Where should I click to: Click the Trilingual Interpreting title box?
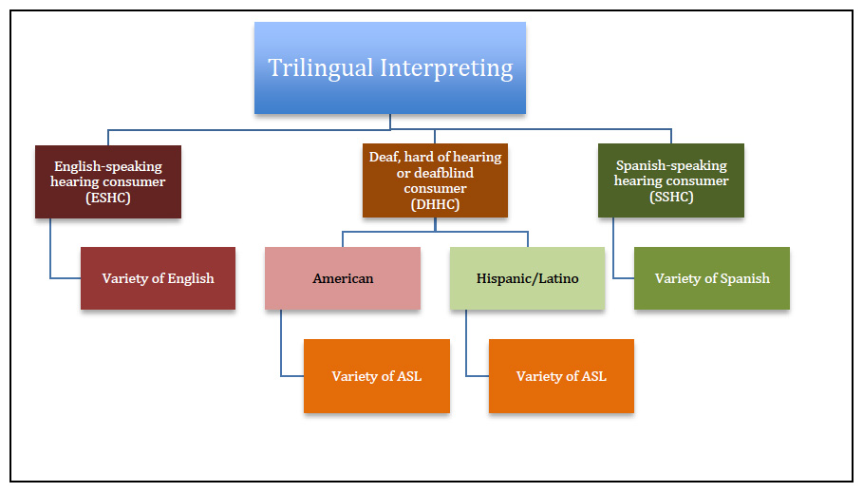389,67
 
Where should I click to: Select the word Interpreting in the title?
446,68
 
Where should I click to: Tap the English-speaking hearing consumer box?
108,181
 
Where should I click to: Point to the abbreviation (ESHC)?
108,198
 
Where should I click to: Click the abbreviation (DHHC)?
435,205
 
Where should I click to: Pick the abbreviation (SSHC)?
671,197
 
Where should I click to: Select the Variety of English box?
158,278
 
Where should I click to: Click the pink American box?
343,278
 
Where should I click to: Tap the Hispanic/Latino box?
527,278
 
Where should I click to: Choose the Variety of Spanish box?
712,278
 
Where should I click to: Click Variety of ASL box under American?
377,376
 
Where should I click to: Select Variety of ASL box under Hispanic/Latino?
561,376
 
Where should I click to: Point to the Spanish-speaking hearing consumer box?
671,180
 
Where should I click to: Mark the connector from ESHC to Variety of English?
50,265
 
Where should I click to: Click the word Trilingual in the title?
320,68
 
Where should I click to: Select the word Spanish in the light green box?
745,278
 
